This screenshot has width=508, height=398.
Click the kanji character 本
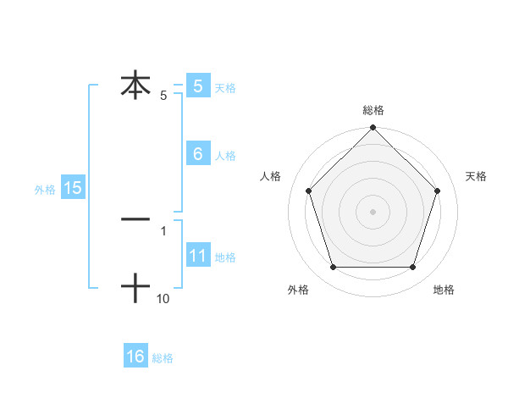(135, 86)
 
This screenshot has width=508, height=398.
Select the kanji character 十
(135, 289)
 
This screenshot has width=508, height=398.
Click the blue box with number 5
(198, 86)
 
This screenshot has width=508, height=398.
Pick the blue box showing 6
(198, 153)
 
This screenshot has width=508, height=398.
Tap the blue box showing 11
(198, 255)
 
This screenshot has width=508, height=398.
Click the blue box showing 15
(73, 188)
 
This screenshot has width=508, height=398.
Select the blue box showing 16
(135, 357)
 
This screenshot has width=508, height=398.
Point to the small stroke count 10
(163, 299)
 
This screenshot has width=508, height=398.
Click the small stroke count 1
(163, 231)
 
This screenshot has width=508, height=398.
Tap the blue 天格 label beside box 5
(225, 88)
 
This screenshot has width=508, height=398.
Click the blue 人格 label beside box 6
(225, 156)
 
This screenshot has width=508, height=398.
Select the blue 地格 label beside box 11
(225, 257)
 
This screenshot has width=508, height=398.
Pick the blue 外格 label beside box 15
(45, 190)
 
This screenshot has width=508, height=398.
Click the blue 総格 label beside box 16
(163, 359)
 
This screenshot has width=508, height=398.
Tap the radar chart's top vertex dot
(373, 130)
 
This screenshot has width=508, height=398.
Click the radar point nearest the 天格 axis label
(438, 191)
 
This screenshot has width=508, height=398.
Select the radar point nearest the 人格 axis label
(308, 191)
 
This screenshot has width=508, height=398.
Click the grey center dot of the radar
(373, 211)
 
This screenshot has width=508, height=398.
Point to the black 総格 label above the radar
(373, 110)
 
